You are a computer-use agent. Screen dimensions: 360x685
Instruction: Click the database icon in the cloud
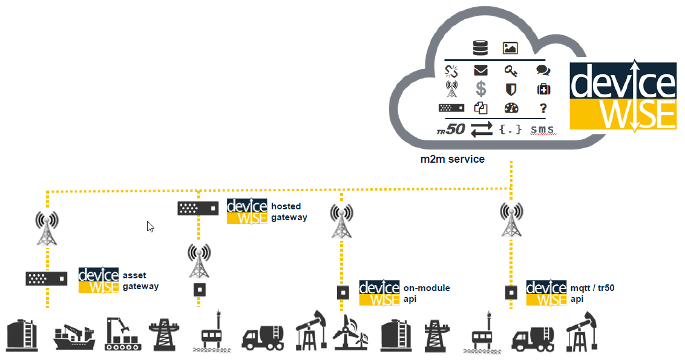click(480, 48)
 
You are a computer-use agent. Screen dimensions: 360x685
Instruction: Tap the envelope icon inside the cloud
click(481, 71)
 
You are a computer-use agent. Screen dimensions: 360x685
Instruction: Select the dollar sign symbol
click(481, 89)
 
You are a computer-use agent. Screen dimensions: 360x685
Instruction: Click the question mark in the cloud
click(543, 108)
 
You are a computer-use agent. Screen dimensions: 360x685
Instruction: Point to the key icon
click(511, 71)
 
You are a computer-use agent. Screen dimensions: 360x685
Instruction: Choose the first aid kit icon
click(543, 90)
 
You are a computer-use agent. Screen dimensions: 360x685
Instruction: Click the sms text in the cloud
click(542, 129)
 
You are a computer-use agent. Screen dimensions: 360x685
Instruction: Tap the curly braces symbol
click(511, 129)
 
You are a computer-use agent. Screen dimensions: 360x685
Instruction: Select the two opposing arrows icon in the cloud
click(482, 129)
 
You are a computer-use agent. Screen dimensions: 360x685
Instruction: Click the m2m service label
click(453, 160)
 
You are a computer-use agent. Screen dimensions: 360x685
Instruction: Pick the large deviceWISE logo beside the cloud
click(623, 95)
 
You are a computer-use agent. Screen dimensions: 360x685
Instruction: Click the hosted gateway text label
click(289, 212)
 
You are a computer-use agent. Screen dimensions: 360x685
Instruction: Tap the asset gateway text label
click(140, 281)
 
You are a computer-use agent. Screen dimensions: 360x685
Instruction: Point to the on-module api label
click(427, 293)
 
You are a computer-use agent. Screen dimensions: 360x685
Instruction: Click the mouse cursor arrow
click(150, 226)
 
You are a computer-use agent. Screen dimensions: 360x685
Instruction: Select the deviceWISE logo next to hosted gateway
click(247, 211)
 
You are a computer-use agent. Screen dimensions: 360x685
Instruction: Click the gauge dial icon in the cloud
click(511, 108)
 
